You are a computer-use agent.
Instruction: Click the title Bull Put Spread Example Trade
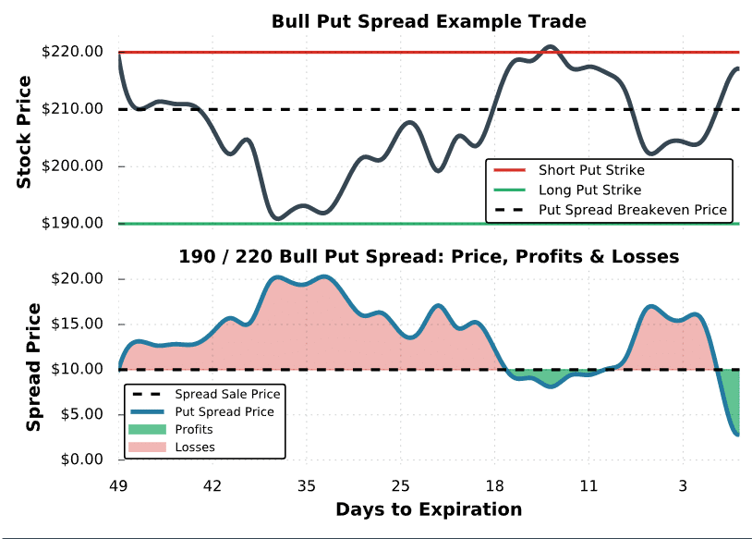429,21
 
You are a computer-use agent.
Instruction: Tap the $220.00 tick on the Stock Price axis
72,52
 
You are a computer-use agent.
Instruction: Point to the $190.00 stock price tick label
72,223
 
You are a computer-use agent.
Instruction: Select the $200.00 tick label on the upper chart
72,166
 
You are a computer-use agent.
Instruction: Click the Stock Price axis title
23,132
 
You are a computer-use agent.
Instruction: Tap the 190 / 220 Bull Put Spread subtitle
429,257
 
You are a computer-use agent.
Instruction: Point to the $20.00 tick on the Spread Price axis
78,278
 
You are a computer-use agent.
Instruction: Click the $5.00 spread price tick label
82,414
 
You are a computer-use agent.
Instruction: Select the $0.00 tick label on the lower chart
82,459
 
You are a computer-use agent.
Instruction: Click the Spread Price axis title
33,367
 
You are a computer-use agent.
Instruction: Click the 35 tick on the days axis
307,486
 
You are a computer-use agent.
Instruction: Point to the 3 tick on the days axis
683,486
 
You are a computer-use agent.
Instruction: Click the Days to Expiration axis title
429,509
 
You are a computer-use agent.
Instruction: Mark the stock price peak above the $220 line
550,46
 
